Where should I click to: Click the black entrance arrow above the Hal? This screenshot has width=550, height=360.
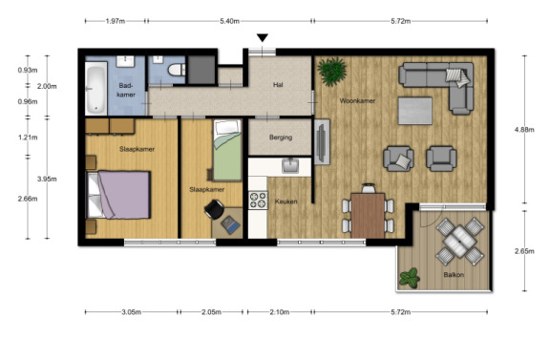[x=263, y=37]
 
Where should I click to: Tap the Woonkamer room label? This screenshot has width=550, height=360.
[x=357, y=100]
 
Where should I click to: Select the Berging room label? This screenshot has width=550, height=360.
[x=281, y=138]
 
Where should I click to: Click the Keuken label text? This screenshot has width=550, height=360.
[x=286, y=201]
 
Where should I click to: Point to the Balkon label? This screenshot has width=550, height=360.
[x=454, y=275]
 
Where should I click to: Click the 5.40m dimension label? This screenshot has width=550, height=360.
[x=230, y=21]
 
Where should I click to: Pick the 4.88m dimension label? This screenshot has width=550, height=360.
[x=524, y=130]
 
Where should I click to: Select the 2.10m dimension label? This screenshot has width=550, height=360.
[x=280, y=312]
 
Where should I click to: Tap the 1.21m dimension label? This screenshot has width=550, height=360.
[x=28, y=138]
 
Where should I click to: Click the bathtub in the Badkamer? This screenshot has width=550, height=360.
[x=96, y=89]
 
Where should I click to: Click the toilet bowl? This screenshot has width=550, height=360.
[x=177, y=70]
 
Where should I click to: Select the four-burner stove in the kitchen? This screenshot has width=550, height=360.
[x=258, y=201]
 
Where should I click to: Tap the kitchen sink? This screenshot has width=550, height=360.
[x=290, y=165]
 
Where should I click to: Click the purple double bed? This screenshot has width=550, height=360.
[x=119, y=195]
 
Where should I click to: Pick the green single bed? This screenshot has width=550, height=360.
[x=227, y=150]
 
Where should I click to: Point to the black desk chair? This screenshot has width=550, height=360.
[x=214, y=209]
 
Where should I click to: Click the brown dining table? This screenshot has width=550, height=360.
[x=368, y=216]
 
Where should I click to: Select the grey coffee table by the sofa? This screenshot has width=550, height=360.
[x=415, y=111]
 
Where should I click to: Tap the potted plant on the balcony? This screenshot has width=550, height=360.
[x=410, y=278]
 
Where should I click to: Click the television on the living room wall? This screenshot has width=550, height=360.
[x=321, y=142]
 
